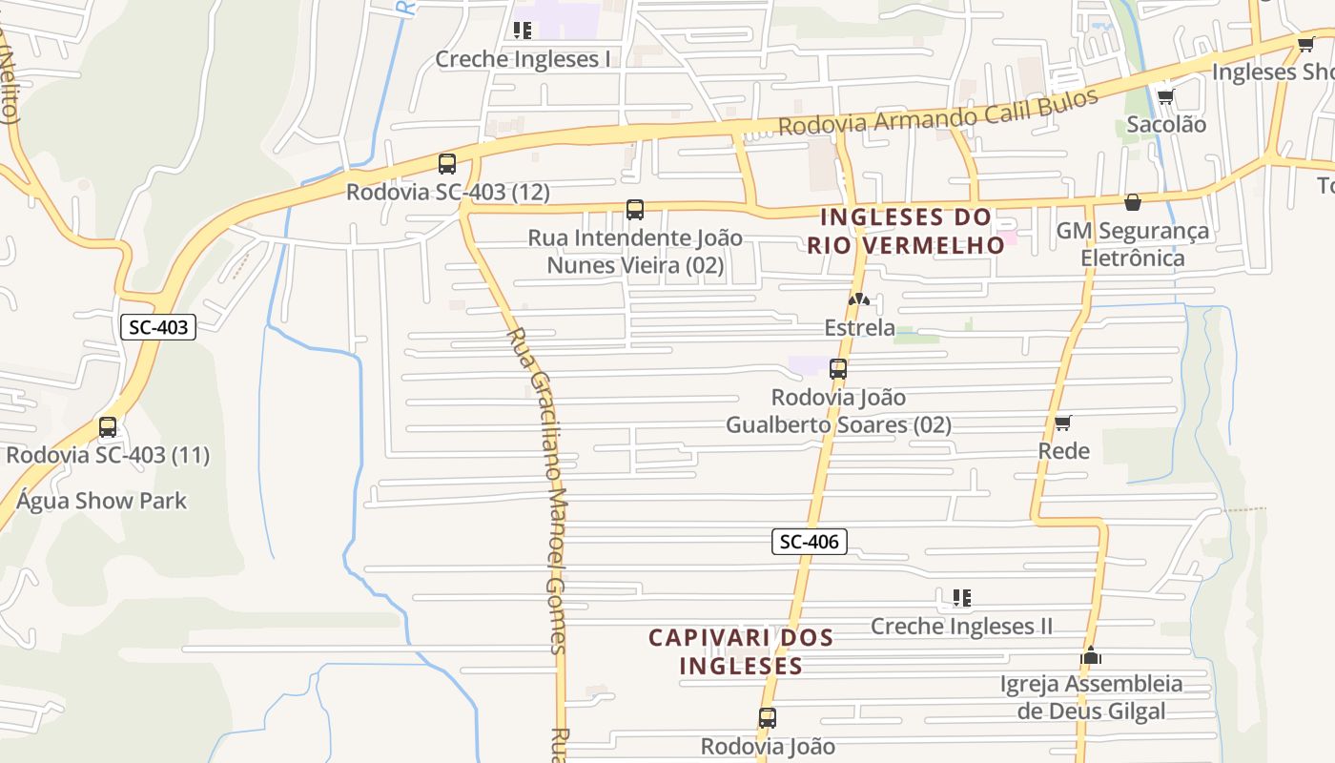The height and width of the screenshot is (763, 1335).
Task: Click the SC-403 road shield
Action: (x=158, y=327)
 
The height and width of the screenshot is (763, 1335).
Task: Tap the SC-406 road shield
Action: (x=809, y=542)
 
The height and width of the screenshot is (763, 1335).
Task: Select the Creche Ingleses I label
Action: (x=523, y=59)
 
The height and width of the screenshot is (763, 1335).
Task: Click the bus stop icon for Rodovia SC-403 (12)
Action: (x=447, y=164)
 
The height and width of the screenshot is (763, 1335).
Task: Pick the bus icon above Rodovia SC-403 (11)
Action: (x=108, y=427)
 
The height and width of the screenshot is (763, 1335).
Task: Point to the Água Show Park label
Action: (x=101, y=501)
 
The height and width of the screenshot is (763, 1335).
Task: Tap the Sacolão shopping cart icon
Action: (x=1165, y=96)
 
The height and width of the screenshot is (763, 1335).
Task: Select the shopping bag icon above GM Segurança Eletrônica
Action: (x=1133, y=202)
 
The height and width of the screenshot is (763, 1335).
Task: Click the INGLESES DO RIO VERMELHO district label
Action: (x=905, y=231)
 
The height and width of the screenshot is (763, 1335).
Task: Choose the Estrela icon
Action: (x=859, y=300)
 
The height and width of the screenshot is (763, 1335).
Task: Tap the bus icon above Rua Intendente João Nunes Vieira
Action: (x=635, y=210)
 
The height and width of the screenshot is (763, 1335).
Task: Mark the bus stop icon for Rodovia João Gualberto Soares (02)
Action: (x=838, y=369)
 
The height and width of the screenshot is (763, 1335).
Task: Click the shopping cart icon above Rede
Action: (x=1063, y=423)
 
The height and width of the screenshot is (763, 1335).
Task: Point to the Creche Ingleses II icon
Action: (x=962, y=598)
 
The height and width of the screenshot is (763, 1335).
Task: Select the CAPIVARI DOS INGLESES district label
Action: (x=741, y=650)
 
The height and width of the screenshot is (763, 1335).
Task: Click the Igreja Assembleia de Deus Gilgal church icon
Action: (x=1091, y=656)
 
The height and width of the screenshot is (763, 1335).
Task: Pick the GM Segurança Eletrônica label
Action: (x=1133, y=244)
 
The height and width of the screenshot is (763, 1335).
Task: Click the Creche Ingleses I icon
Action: (x=523, y=31)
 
